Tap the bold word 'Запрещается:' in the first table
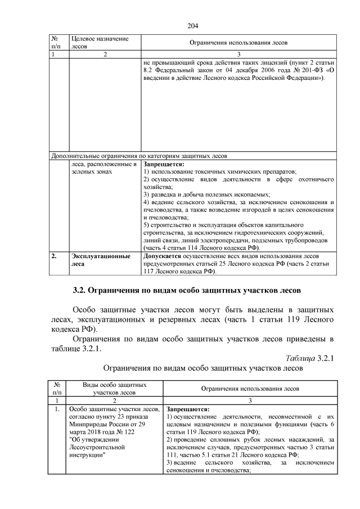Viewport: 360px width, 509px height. click(x=164, y=164)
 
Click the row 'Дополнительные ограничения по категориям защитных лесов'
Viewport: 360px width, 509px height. click(x=139, y=155)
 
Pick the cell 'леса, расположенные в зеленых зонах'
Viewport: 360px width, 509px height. click(x=104, y=168)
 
